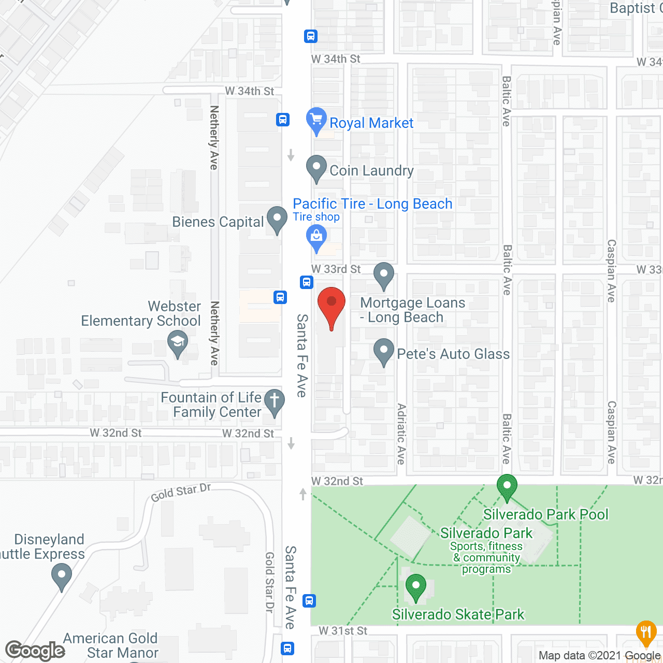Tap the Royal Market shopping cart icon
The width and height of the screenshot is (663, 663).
point(316,119)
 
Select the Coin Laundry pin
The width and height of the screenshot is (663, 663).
point(316,168)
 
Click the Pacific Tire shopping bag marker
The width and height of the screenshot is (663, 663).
point(316,237)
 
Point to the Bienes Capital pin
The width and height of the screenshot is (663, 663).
point(277,219)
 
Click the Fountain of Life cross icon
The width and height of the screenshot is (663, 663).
point(275,401)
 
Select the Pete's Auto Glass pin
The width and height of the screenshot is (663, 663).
point(383,351)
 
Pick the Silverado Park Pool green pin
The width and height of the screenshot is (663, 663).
point(507,487)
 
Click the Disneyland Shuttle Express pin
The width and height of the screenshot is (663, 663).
point(62,575)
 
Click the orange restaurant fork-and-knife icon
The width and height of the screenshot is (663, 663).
point(646,632)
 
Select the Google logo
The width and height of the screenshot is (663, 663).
point(35,651)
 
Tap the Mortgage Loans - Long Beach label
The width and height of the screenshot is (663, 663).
point(412,310)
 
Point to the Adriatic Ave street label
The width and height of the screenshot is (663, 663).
point(401,434)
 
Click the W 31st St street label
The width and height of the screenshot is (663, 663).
point(343,631)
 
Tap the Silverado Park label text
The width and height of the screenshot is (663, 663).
point(486,533)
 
